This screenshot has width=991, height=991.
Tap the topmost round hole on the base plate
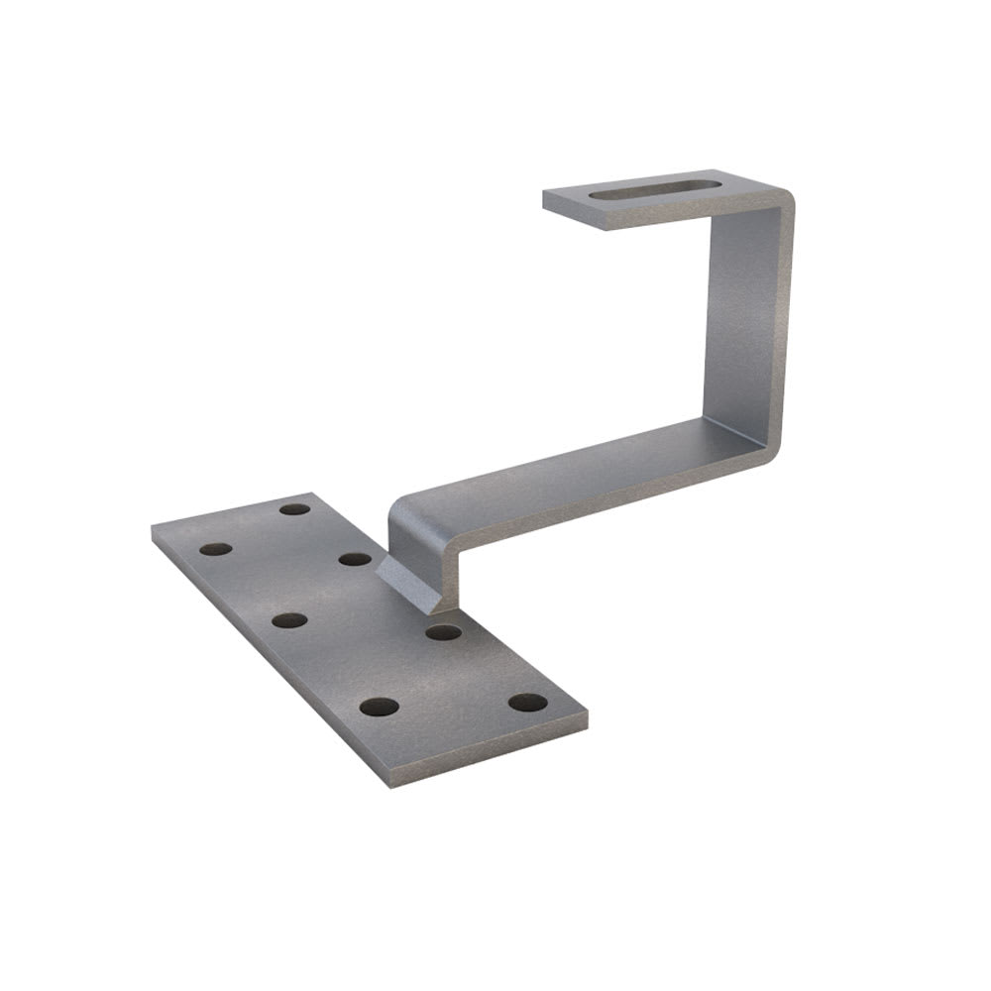(294, 508)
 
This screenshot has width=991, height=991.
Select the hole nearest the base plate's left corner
(215, 548)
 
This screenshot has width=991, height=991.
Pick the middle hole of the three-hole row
(288, 620)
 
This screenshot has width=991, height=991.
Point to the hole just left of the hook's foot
(355, 559)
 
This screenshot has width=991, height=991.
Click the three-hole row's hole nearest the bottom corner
(379, 708)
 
